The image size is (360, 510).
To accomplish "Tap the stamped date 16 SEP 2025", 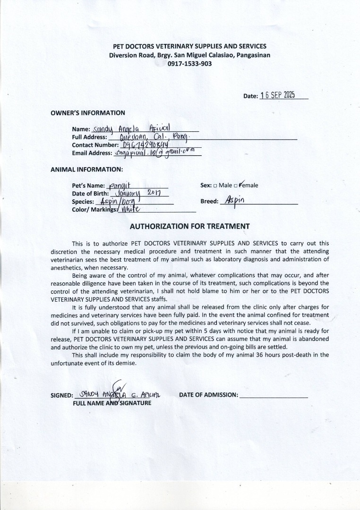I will click(x=277, y=95).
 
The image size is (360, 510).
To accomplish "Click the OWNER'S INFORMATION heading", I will click(x=88, y=113).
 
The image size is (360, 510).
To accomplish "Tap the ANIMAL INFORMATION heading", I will click(x=87, y=169).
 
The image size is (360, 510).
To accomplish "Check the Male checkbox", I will click(x=215, y=186).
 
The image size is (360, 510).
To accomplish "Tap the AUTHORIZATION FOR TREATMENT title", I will click(x=189, y=226).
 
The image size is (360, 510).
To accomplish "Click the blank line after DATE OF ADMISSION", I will click(x=274, y=395).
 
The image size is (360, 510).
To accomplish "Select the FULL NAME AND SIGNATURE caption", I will click(x=112, y=403).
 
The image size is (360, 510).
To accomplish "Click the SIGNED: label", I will click(x=61, y=396).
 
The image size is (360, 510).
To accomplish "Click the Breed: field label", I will click(x=209, y=201).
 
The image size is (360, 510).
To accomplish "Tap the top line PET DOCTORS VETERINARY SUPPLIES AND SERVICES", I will click(x=189, y=46).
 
